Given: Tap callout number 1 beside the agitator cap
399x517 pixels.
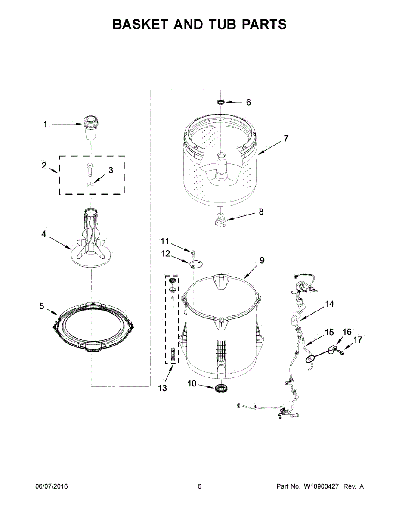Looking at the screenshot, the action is tap(45, 125).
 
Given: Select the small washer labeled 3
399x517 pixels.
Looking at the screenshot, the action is tap(90, 185).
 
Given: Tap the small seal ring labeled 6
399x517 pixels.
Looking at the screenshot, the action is tap(221, 102).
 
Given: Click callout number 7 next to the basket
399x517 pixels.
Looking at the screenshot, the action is tap(286, 139).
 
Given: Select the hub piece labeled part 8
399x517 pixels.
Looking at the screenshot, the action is tap(220, 220).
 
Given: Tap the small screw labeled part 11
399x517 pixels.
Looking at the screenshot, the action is tap(192, 251).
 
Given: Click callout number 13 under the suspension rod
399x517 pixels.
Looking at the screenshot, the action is tap(162, 388).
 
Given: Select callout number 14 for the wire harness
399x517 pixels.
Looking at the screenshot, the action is tap(329, 304).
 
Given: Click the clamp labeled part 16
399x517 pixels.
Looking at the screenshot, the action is tap(331, 348).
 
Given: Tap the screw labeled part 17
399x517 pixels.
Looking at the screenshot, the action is tap(343, 352).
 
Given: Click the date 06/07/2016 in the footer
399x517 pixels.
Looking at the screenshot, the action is tap(51, 486).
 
